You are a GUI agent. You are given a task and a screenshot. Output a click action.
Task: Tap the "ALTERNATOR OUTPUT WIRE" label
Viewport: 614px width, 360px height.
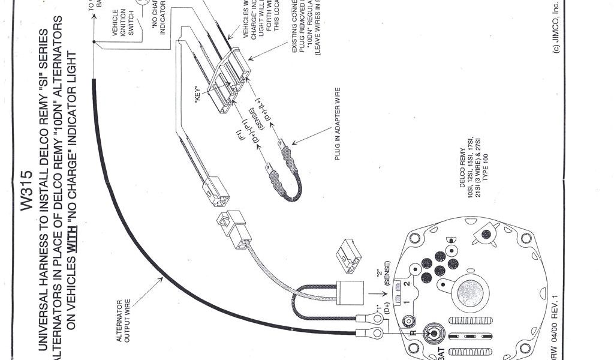[x=123, y=321]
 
